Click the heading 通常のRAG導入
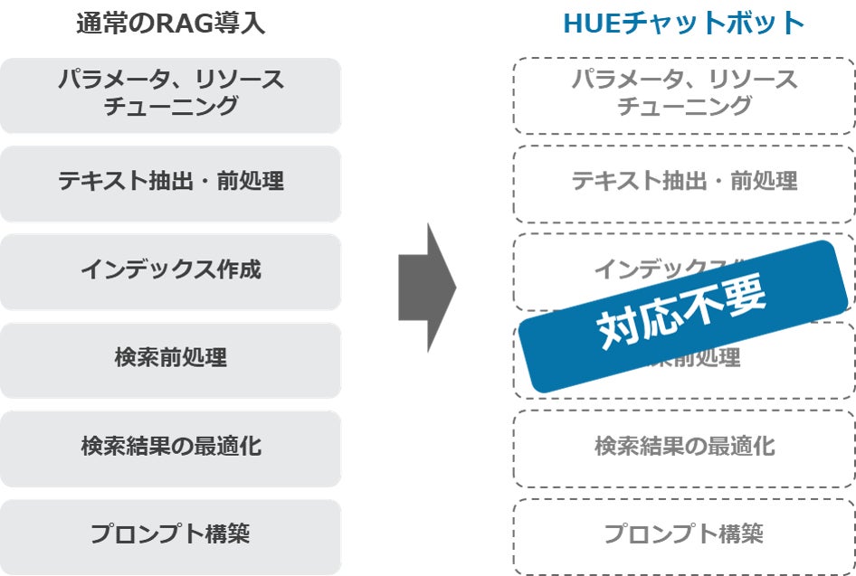pyautogui.click(x=170, y=23)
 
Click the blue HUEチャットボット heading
pyautogui.click(x=683, y=23)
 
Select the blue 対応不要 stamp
pyautogui.click(x=683, y=316)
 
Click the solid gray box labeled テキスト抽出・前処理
pyautogui.click(x=170, y=181)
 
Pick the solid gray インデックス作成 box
pyautogui.click(x=170, y=269)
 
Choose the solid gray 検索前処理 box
pyautogui.click(x=170, y=358)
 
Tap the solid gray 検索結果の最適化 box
pyautogui.click(x=170, y=447)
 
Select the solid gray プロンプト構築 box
pyautogui.click(x=170, y=534)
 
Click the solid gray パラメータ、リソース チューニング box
pyautogui.click(x=170, y=93)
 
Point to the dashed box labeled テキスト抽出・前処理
pyautogui.click(x=683, y=181)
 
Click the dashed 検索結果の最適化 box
pyautogui.click(x=683, y=447)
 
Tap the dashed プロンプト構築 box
pyautogui.click(x=683, y=534)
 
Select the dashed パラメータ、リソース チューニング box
pyautogui.click(x=683, y=93)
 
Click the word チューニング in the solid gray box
pyautogui.click(x=170, y=107)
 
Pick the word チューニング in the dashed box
pyautogui.click(x=683, y=107)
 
